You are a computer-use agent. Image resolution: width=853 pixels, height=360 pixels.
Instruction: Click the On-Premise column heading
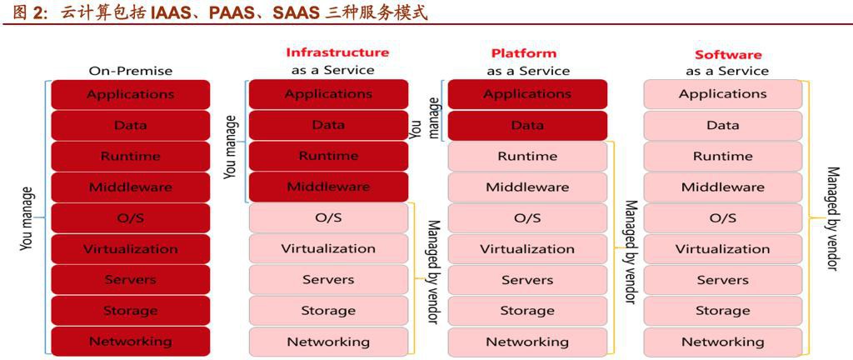(x=130, y=71)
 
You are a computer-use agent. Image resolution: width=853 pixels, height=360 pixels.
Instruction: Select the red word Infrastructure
(x=337, y=52)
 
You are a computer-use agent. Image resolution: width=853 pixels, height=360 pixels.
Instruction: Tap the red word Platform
(x=523, y=53)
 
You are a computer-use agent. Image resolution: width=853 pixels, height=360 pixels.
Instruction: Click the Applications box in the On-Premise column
(x=130, y=94)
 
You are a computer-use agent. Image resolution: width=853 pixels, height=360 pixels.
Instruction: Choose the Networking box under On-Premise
(x=130, y=341)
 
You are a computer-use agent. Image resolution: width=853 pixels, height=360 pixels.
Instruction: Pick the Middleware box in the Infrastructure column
(x=328, y=187)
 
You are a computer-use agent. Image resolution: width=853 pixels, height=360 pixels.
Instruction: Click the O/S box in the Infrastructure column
(x=328, y=217)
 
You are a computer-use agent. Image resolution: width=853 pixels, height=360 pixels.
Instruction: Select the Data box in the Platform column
(x=527, y=125)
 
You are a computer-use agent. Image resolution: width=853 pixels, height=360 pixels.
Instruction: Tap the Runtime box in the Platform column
(x=527, y=156)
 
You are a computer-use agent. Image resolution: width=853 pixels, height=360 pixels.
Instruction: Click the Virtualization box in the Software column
(x=722, y=248)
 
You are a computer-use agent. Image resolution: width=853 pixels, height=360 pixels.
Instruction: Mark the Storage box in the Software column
(x=722, y=310)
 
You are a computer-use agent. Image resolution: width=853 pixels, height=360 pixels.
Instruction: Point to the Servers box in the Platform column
(x=527, y=279)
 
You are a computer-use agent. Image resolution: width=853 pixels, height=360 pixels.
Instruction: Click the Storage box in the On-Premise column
(x=130, y=310)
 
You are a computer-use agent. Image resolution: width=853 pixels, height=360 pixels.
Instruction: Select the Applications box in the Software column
(x=722, y=94)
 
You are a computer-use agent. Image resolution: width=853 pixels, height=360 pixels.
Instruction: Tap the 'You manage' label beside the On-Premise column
(x=26, y=217)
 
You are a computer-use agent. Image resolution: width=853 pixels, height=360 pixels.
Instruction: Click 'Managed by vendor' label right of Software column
(x=831, y=218)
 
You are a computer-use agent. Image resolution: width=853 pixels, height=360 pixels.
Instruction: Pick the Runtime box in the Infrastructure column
(x=328, y=156)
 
